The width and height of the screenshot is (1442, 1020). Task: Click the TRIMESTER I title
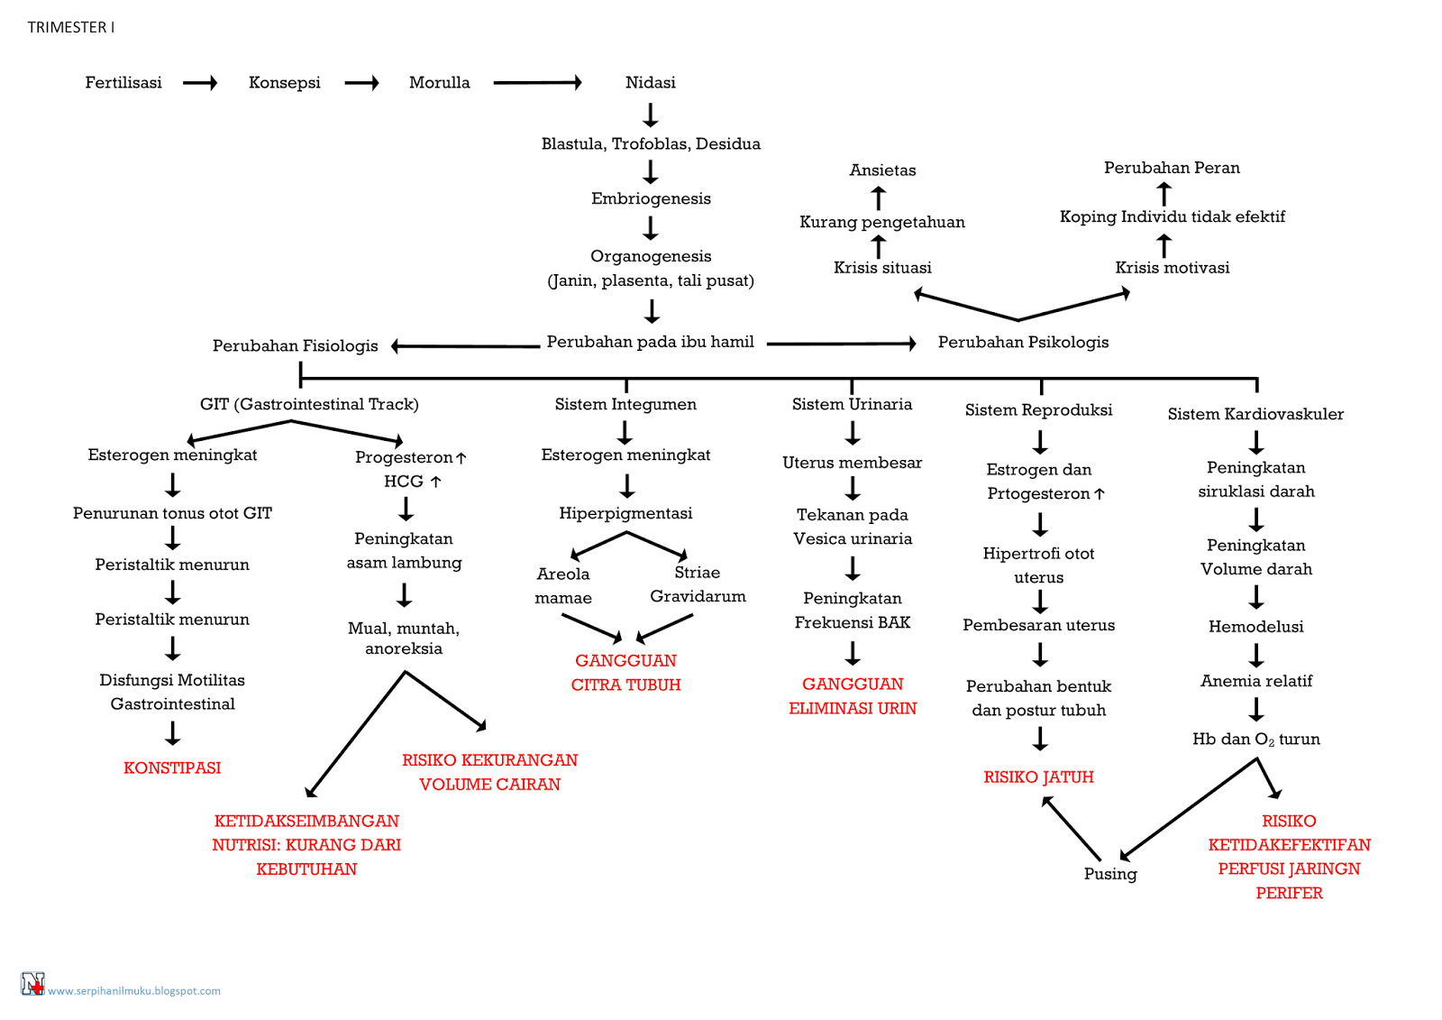pos(70,27)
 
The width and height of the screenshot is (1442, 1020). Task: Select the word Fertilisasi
pos(123,82)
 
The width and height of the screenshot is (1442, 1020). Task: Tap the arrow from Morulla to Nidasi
pos(537,83)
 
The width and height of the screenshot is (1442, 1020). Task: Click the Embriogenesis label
pos(651,198)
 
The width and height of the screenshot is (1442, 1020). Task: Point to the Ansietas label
pos(882,170)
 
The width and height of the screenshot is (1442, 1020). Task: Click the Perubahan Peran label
pos(1172,168)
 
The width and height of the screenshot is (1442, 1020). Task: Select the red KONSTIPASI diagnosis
pos(172,767)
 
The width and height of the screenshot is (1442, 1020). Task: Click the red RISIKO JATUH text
pos(1038,776)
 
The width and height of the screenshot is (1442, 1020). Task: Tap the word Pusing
pos(1110,873)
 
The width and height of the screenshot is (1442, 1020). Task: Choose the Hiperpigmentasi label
pos(625,513)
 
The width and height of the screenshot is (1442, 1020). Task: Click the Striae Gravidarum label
pos(698,584)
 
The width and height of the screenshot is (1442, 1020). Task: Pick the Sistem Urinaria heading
pos(852,404)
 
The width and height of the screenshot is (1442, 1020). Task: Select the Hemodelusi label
pos(1255,626)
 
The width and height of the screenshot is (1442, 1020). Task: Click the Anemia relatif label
pos(1255,681)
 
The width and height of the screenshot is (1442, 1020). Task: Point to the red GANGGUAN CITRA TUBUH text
pos(625,672)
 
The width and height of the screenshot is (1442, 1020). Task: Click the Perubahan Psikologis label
pos(1023,342)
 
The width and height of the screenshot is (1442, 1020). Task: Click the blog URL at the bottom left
pos(133,990)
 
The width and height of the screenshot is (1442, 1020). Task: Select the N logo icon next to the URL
pos(32,983)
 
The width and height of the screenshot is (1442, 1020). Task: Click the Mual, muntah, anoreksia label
pos(404,638)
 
